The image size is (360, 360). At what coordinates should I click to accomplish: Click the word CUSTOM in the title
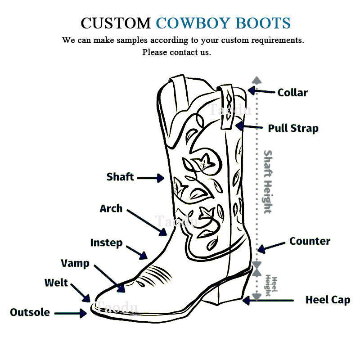(116, 23)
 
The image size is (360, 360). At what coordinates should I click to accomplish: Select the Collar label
(292, 93)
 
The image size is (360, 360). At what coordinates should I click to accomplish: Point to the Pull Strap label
(293, 129)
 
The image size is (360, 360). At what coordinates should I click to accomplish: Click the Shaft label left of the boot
(120, 177)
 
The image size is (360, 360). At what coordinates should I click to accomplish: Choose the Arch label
(111, 208)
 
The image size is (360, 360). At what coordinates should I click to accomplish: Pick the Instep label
(106, 243)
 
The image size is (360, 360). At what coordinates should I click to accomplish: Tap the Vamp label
(75, 264)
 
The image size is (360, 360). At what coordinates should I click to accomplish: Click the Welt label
(56, 283)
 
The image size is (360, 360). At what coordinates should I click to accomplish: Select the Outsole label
(30, 312)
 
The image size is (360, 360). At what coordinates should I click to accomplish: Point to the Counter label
(310, 241)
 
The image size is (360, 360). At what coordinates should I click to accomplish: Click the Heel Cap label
(328, 300)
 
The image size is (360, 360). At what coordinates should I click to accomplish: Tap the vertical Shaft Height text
(267, 182)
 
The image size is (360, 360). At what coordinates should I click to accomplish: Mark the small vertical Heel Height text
(271, 286)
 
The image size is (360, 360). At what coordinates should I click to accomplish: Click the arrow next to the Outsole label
(71, 313)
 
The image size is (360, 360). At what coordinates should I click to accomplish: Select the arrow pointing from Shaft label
(151, 178)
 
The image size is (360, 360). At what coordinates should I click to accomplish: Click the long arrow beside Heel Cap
(268, 300)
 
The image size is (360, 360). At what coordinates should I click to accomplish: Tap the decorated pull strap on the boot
(227, 107)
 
